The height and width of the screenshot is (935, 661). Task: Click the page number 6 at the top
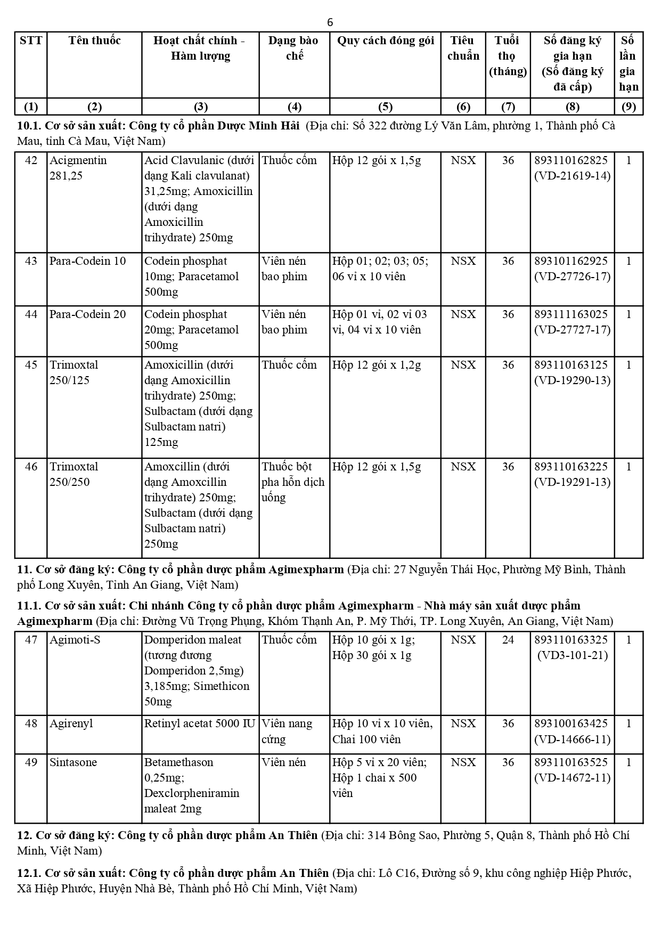pos(330,22)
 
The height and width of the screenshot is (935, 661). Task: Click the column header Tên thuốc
pos(95,40)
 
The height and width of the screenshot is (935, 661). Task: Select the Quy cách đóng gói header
pos(385,40)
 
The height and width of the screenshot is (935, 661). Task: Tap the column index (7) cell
pos(508,107)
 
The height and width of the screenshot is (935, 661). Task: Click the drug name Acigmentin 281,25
pos(78,168)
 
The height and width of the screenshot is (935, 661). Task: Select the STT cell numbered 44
pos(31,314)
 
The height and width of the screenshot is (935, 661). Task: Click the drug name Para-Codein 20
pos(88,314)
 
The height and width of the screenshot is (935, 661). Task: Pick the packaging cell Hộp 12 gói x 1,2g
pos(377,365)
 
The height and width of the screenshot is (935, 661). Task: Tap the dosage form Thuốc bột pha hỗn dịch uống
pos(292,482)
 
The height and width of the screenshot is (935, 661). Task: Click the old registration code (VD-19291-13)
pos(573,482)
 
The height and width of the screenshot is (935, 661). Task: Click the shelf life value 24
pos(508,640)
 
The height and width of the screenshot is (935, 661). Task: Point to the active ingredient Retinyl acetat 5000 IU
pos(200,723)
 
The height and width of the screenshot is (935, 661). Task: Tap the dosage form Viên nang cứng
pos(287,731)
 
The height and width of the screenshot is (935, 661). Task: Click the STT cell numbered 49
pos(31,762)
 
